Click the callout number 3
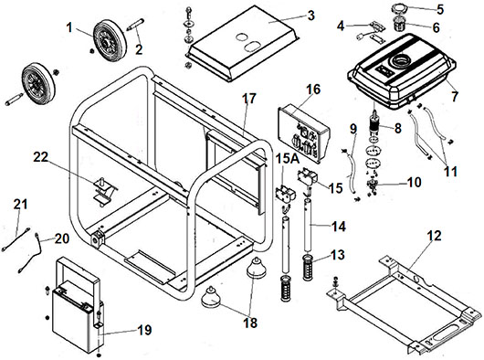310,15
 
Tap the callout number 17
248,99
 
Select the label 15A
288,158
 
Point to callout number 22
41,157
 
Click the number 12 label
435,236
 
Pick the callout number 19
144,330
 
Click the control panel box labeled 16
304,133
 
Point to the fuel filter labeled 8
374,123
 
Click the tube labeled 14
307,225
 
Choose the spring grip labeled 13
309,268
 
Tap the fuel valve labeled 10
372,185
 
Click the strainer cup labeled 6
399,25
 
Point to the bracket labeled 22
104,192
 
